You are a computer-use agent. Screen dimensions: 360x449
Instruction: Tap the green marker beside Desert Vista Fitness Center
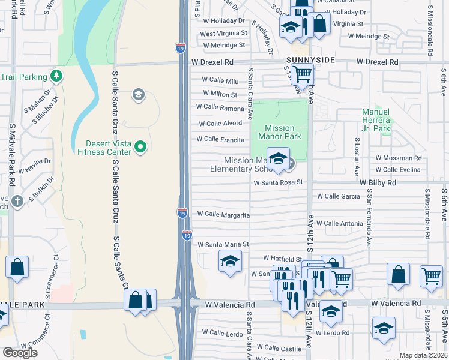(141, 146)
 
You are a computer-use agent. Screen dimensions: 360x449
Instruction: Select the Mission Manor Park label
(279, 132)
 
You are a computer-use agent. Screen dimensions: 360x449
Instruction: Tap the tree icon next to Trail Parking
(56, 76)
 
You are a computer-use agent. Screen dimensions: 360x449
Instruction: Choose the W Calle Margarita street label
(223, 214)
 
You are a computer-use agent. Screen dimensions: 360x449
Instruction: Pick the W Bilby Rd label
(378, 182)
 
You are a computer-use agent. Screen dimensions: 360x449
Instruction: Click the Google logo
(20, 353)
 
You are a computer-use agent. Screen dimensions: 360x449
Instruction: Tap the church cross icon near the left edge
(17, 201)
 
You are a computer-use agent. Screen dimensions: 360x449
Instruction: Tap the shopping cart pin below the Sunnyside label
(303, 74)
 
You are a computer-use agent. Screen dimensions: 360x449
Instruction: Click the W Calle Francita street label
(220, 139)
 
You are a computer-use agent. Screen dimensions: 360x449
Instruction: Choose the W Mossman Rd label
(399, 158)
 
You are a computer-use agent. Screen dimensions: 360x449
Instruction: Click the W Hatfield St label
(281, 259)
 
